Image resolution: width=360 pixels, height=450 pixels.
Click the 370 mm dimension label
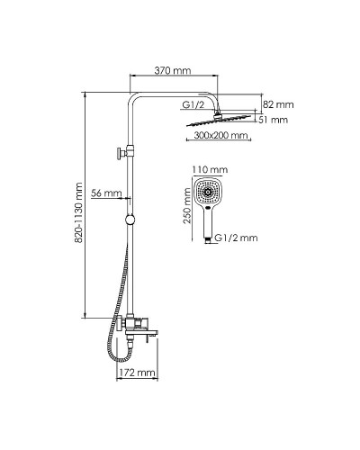(x=173, y=70)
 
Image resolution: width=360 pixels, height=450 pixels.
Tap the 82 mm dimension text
(x=278, y=104)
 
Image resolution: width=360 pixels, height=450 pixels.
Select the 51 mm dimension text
(x=273, y=120)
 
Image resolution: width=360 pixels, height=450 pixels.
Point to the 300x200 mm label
(x=220, y=135)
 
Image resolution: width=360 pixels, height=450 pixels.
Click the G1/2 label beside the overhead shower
(x=193, y=105)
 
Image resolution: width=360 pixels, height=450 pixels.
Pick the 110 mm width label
(x=210, y=170)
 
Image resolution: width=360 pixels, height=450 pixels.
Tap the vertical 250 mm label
(x=187, y=206)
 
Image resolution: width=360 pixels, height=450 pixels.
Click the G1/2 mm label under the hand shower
(x=236, y=238)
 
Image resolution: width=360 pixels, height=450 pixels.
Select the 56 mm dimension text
(x=106, y=193)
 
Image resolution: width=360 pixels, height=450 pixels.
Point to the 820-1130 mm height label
(x=78, y=212)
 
